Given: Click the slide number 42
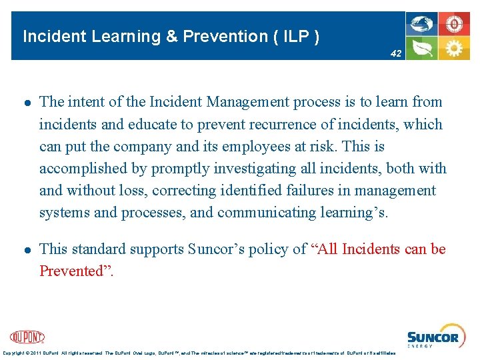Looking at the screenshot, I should pos(396,53).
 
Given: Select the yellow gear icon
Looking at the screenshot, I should pos(454,48).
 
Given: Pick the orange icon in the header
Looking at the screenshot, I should pos(454,25).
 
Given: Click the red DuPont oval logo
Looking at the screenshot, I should pos(27,337).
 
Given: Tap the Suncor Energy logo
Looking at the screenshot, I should pos(433,338).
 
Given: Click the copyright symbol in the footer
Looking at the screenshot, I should pos(31,353).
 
